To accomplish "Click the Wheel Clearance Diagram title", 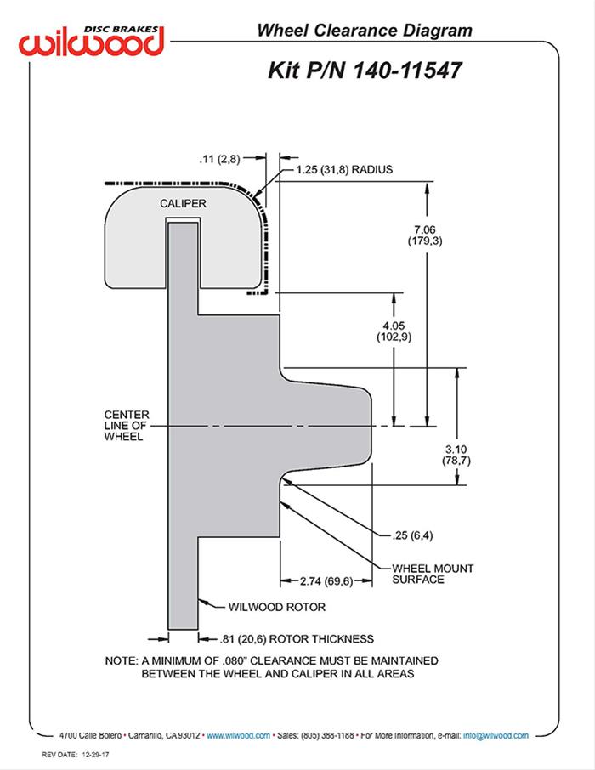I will [x=365, y=31].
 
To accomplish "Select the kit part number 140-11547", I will [x=412, y=71].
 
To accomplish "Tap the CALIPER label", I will [x=183, y=204].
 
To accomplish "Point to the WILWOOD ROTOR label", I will [x=277, y=607].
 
